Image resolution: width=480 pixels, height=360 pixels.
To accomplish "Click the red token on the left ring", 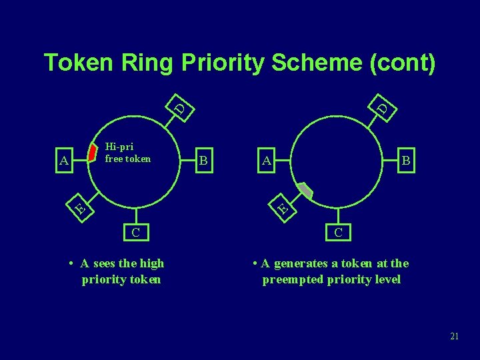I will [x=93, y=153].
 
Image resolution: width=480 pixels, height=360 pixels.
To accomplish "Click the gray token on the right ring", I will [x=305, y=190].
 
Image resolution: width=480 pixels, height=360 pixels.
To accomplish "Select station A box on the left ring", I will [x=64, y=161].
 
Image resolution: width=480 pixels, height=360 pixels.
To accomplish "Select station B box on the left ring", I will [x=205, y=161].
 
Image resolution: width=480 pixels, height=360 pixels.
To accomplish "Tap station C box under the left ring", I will [x=135, y=232].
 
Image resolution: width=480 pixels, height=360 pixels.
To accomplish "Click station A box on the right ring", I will [x=266, y=161].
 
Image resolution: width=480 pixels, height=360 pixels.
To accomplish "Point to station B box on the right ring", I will [x=405, y=161].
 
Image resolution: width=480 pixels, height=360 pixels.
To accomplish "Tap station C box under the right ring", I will [x=339, y=232].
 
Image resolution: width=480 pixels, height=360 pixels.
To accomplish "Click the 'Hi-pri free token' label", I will [x=128, y=153].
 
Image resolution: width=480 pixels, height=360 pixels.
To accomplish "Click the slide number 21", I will [x=454, y=336].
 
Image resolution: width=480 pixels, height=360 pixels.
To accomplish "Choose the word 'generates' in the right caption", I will [x=300, y=263].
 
